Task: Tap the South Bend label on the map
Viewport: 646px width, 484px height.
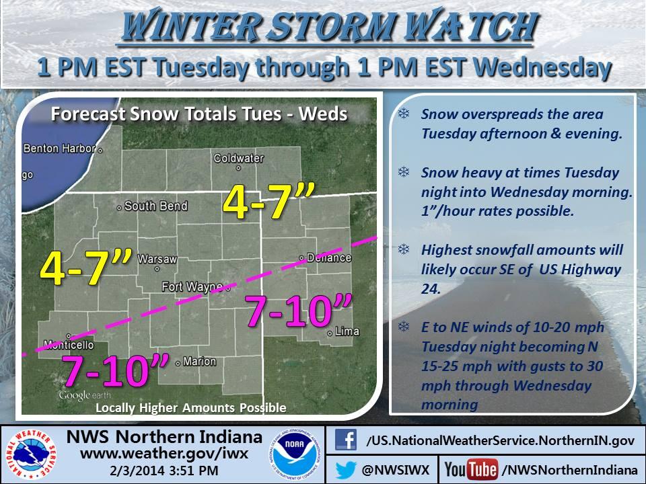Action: [x=155, y=206]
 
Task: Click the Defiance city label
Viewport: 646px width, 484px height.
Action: [x=329, y=257]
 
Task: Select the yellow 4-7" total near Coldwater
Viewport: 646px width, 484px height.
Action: [x=268, y=201]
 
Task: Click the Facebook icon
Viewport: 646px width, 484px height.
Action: [x=345, y=440]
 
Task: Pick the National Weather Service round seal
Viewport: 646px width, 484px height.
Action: [x=30, y=454]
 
